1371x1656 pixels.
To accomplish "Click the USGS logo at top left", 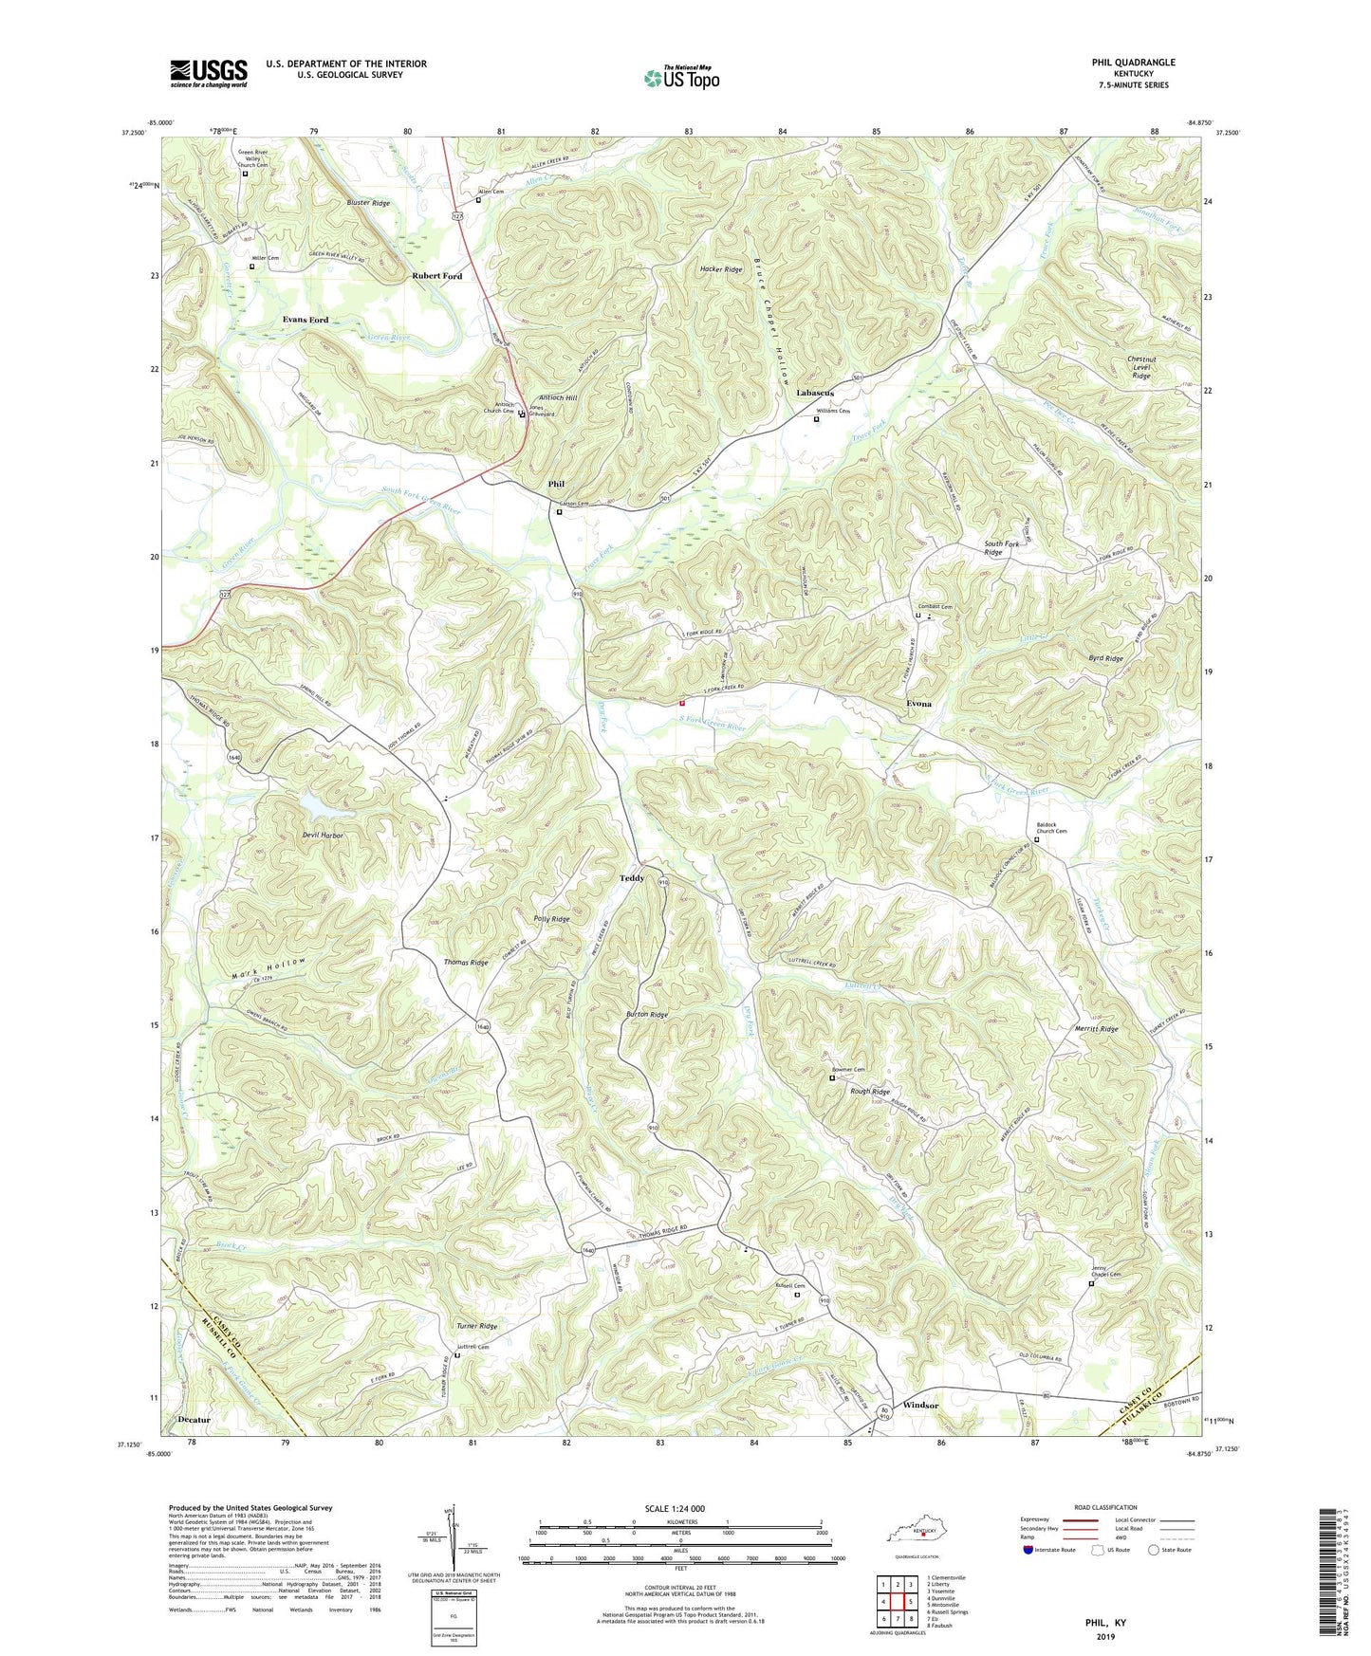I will (209, 73).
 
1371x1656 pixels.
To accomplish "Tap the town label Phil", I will (556, 485).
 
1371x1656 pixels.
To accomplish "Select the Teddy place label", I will (632, 878).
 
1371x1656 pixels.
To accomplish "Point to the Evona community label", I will (918, 704).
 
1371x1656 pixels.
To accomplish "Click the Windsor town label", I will (920, 1405).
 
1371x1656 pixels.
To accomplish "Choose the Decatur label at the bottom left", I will (194, 1420).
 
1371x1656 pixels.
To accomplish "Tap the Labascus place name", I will (815, 393).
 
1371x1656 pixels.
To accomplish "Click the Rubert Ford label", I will (436, 276).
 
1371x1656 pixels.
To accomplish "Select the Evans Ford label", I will (306, 320).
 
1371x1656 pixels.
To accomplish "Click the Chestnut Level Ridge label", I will (1140, 367).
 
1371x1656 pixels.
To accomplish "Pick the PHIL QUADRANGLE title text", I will (1133, 63).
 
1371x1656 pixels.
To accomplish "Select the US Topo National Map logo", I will (681, 77).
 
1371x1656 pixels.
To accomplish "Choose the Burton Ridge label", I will (647, 1015).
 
